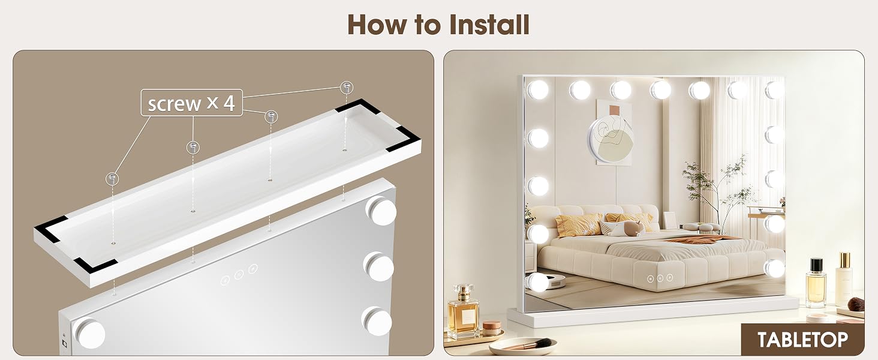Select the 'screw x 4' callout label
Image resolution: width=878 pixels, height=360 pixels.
coord(192,103)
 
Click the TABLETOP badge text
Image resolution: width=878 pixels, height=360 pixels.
coord(803,340)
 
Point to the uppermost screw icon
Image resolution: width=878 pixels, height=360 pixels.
coord(345,88)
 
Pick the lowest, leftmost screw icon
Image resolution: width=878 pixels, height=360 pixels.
coord(112,179)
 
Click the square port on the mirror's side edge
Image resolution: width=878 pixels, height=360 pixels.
coord(65,344)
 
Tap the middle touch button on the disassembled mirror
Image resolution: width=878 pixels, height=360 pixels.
coord(239,275)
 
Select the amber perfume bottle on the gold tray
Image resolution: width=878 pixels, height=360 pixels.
coord(464,312)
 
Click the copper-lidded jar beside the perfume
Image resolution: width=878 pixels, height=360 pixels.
coord(492,328)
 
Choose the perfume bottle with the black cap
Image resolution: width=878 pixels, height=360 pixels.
coord(816,283)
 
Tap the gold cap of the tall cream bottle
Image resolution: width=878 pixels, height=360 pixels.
coord(845,260)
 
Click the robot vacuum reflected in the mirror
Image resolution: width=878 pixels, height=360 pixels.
coord(555,281)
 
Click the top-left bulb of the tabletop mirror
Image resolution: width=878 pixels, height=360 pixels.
coord(538,89)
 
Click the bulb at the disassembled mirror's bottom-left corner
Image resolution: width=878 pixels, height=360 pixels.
coord(89,332)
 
